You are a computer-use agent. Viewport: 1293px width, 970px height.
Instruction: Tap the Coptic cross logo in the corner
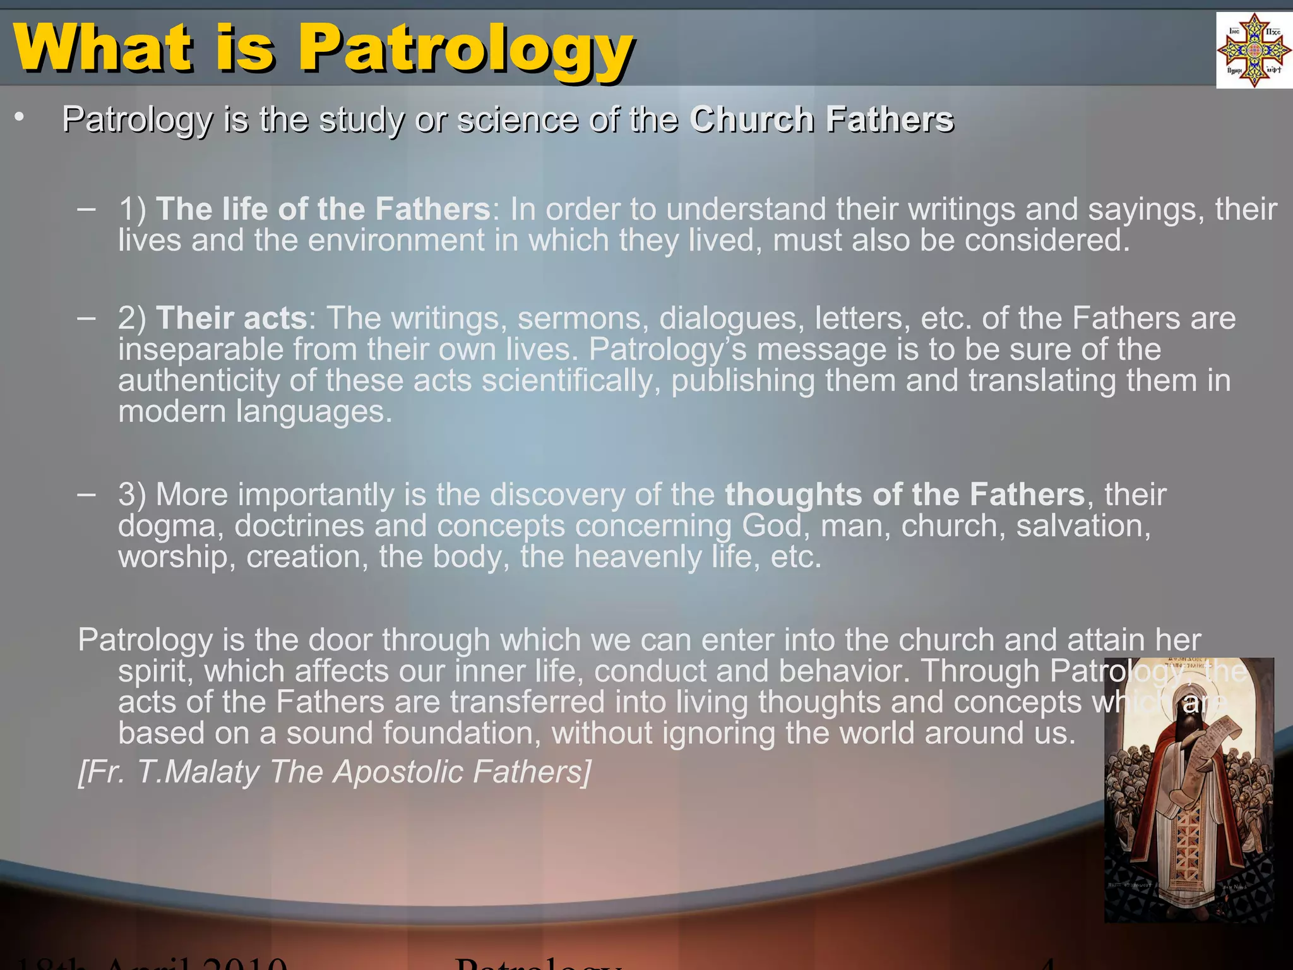1254,51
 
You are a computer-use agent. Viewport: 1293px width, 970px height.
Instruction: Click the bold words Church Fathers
821,119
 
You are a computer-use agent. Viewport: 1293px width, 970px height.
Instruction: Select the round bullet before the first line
20,117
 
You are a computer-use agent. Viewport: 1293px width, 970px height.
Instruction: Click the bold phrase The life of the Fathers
323,209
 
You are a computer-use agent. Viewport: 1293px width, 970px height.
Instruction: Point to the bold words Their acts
231,318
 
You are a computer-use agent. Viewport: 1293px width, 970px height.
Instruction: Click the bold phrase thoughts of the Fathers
904,494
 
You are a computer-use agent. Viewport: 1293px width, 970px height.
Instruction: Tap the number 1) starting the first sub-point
132,209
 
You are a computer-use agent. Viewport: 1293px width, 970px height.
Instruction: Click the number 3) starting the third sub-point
132,494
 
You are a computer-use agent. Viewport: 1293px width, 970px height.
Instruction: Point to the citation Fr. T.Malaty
168,772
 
